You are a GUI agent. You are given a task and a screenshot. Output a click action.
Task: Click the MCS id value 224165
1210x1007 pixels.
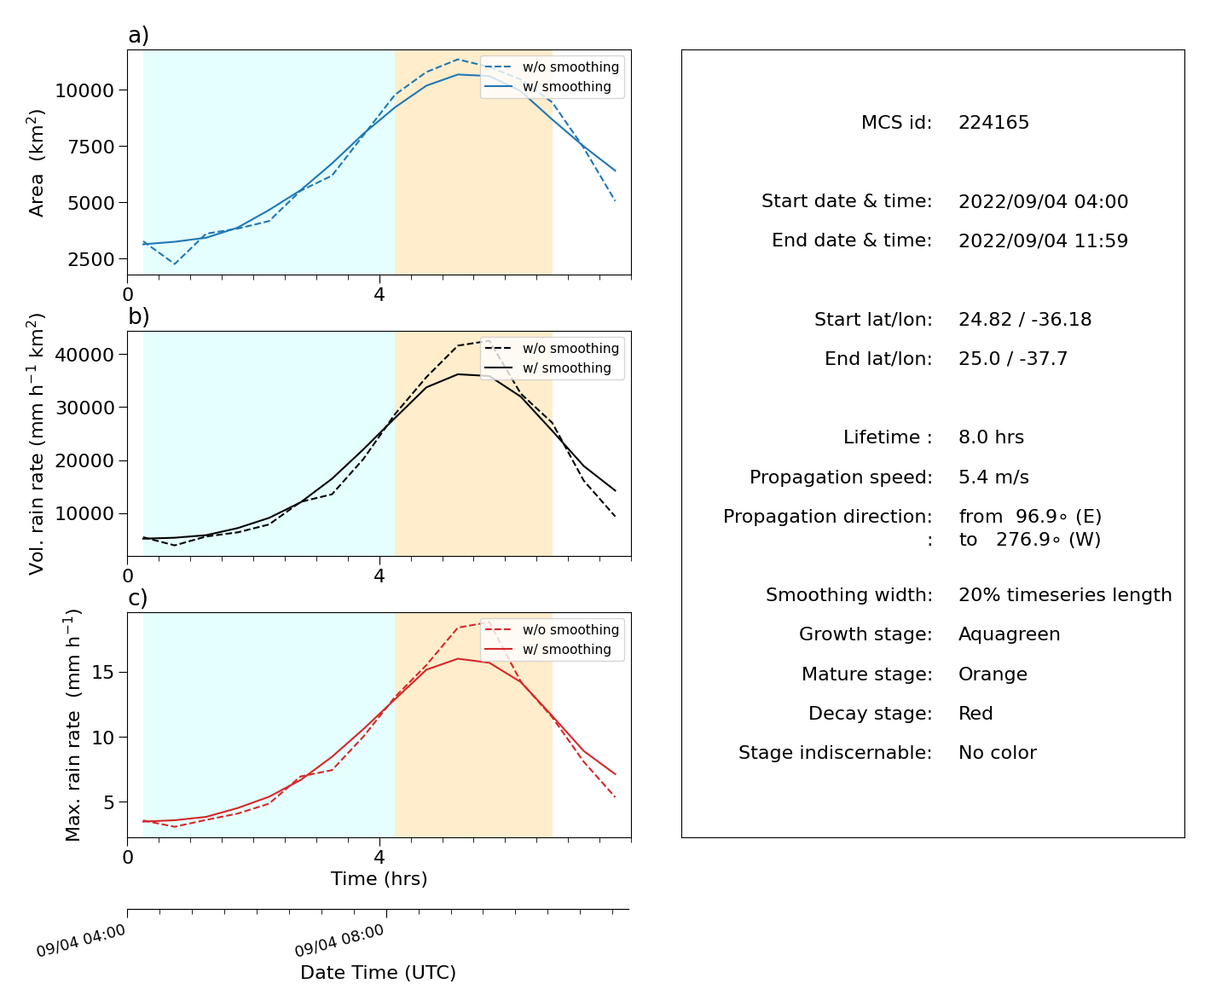993,122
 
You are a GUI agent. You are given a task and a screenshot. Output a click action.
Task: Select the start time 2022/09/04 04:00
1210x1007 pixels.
1043,201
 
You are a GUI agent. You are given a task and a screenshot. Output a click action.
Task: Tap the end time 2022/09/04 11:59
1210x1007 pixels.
1043,240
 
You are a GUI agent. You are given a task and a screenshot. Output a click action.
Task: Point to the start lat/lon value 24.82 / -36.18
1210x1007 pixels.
1025,319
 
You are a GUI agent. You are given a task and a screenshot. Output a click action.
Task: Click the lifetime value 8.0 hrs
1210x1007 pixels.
991,437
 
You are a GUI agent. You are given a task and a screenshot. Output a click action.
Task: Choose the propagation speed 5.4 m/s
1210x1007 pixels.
993,477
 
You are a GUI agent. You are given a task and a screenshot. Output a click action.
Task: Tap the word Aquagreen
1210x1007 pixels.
1009,634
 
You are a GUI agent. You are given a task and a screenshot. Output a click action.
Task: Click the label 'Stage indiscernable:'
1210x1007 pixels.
835,752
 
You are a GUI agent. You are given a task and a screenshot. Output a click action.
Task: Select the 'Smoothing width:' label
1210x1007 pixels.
849,595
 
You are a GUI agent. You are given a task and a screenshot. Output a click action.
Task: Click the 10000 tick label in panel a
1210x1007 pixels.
84,90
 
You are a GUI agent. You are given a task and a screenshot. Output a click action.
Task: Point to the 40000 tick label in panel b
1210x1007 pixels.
84,355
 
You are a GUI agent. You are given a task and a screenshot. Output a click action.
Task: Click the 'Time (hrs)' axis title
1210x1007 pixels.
379,878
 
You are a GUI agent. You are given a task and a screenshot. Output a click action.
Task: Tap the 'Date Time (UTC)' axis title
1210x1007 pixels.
378,972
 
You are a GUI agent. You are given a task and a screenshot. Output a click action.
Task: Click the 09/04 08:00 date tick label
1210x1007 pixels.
339,940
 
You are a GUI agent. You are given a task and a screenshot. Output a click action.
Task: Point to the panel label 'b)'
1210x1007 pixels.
138,316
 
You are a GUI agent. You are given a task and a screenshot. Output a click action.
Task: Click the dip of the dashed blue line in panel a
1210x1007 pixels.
175,264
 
